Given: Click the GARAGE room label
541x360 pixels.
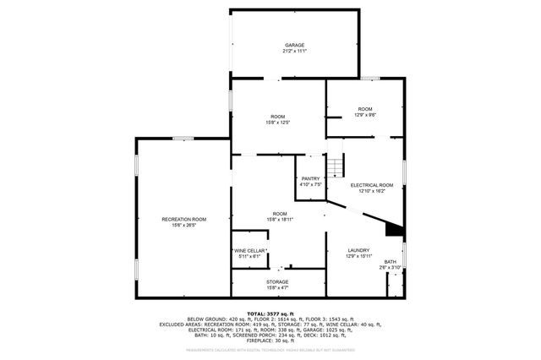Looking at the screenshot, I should (x=294, y=45).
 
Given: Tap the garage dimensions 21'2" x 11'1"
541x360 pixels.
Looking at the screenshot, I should (x=294, y=52).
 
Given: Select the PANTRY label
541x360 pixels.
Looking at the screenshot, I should (x=310, y=178).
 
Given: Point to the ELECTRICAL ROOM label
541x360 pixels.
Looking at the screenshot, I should (x=372, y=185).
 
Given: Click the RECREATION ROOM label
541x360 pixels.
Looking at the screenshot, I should (x=183, y=219).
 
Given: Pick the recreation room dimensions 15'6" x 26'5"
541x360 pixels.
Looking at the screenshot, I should (x=183, y=226).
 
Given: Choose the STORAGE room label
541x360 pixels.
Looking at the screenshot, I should (x=277, y=281).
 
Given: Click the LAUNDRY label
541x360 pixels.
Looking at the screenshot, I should (x=358, y=250).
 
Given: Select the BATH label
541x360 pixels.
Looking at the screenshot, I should (x=391, y=262).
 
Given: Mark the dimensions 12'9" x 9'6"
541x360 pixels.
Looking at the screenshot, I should (x=365, y=116).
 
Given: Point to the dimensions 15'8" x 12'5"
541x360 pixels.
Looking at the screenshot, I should (x=278, y=123).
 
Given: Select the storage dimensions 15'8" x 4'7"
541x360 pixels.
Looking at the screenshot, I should (x=277, y=288).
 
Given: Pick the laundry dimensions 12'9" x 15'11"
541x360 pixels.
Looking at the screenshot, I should (x=358, y=257).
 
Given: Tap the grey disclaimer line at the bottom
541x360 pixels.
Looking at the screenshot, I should (x=270, y=352).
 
